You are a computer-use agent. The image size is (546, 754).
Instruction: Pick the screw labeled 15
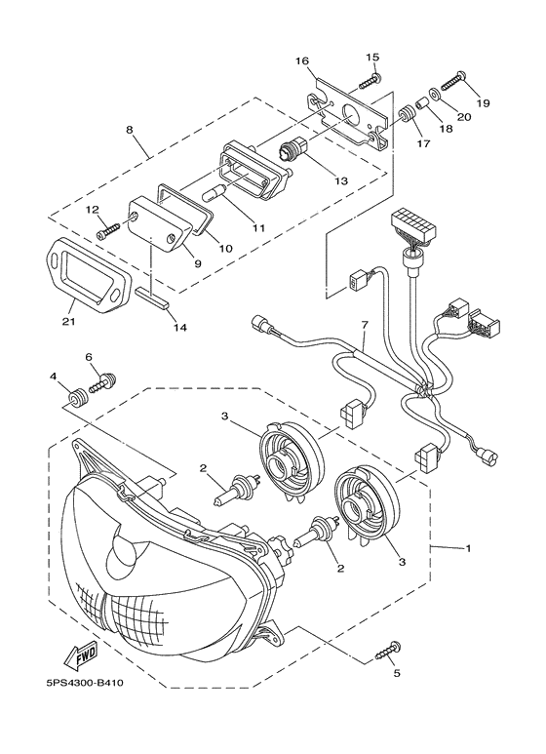(370, 82)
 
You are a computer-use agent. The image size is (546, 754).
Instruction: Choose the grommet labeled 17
(407, 113)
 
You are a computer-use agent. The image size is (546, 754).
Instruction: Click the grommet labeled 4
(77, 398)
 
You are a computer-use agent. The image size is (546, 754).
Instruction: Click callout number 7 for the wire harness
(365, 326)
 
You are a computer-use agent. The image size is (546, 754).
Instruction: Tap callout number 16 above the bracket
(302, 61)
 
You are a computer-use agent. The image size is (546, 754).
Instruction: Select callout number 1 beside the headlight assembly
(467, 548)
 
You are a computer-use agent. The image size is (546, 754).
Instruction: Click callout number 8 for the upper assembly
(130, 130)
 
